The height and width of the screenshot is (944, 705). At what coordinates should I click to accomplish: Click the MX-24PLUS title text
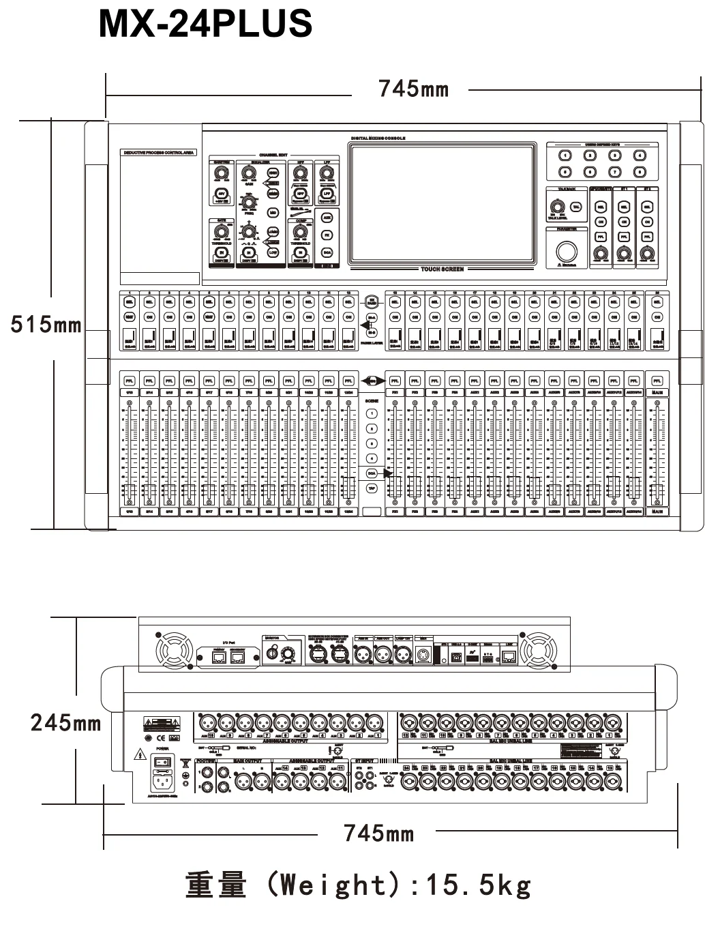[205, 24]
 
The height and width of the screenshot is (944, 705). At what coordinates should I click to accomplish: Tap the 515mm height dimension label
[46, 325]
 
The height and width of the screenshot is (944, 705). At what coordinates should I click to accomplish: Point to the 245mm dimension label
[65, 722]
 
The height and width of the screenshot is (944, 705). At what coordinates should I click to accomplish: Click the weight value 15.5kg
[477, 885]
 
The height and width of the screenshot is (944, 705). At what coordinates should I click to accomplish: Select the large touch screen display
[442, 204]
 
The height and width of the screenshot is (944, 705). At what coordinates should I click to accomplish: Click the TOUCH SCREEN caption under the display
[442, 269]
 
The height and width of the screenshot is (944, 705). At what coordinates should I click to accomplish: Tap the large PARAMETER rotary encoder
[567, 251]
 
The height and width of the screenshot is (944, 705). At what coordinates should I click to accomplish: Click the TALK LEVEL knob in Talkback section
[556, 207]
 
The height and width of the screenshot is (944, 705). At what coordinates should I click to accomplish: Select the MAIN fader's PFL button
[657, 381]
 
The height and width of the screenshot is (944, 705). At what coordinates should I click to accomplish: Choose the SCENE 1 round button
[372, 413]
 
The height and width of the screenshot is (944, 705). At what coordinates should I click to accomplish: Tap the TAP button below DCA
[372, 488]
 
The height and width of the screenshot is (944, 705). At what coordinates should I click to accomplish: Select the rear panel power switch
[162, 761]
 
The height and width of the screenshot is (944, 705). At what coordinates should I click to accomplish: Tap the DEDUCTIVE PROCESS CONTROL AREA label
[159, 153]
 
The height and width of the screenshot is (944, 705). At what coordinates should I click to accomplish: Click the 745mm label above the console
[413, 89]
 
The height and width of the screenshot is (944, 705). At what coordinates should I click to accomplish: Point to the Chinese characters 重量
[216, 885]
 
